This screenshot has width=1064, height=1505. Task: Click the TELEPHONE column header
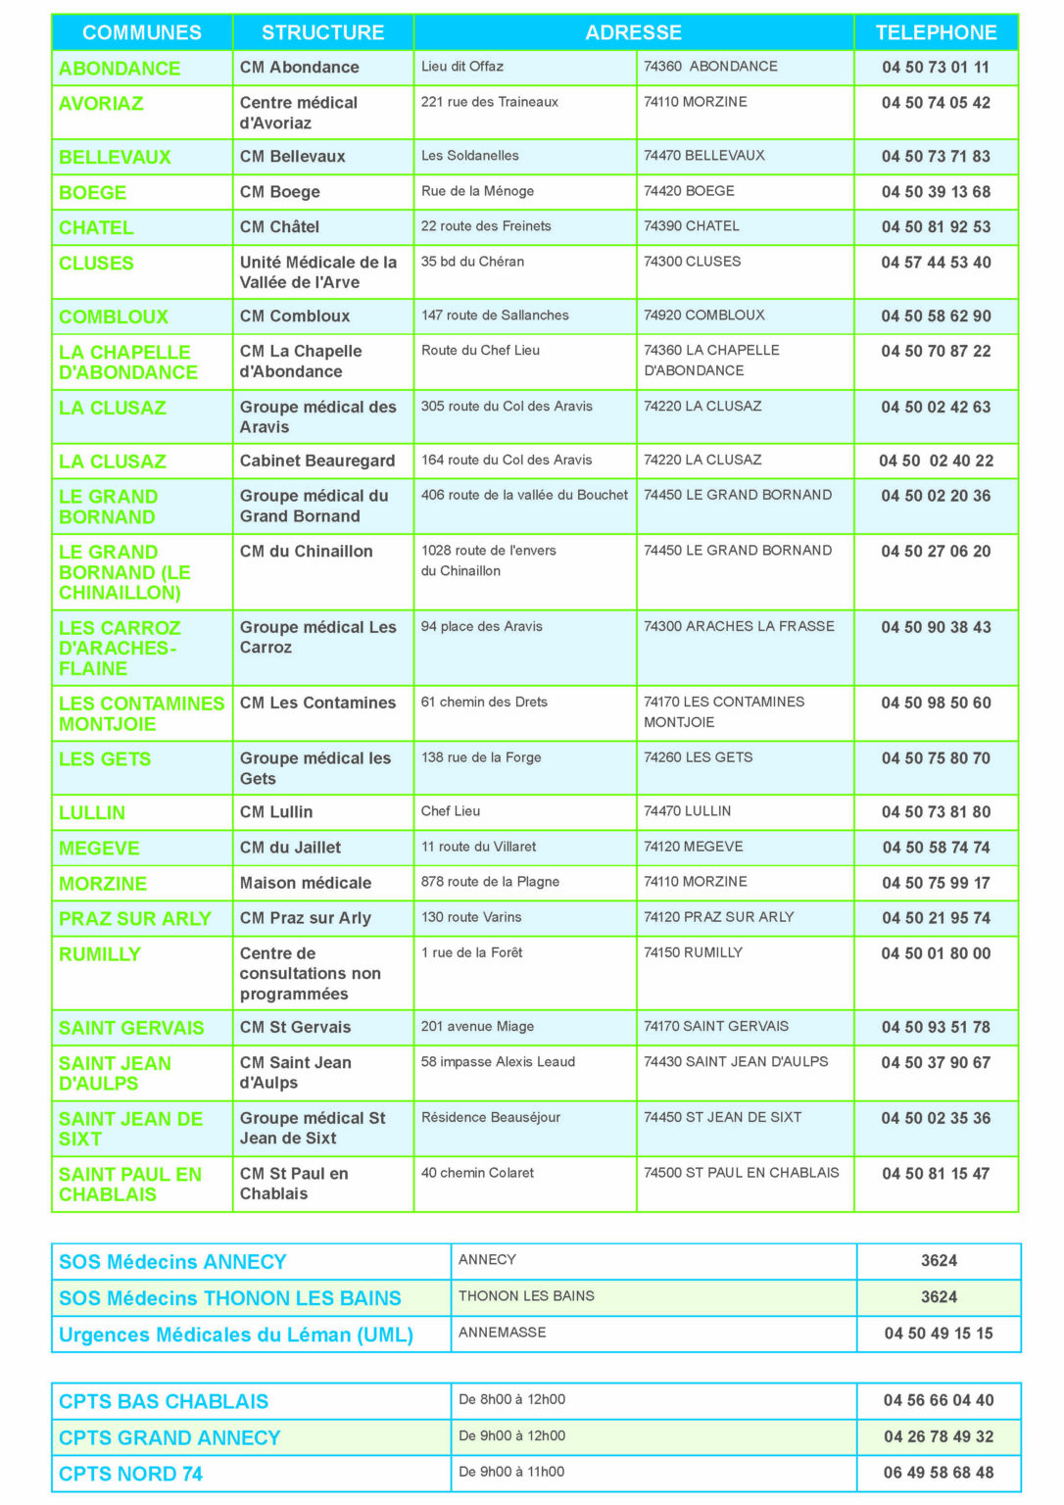(x=936, y=32)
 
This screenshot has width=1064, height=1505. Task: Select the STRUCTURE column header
(x=322, y=32)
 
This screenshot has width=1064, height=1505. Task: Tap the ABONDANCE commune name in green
(x=120, y=69)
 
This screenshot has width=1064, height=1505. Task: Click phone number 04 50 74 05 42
(x=936, y=103)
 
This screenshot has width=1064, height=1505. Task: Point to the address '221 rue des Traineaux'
(x=490, y=102)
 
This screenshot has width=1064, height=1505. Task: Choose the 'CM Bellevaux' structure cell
(x=293, y=157)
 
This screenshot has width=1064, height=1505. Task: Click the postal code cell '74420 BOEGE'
(x=689, y=191)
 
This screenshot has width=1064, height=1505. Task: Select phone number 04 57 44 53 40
(x=936, y=263)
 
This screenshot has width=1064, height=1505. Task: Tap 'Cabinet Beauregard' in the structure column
(x=317, y=461)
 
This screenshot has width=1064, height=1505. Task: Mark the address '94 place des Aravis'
(x=481, y=627)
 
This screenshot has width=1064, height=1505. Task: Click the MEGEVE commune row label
(x=99, y=849)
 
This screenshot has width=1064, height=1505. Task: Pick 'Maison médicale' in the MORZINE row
(x=306, y=883)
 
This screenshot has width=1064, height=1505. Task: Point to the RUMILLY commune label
(x=100, y=954)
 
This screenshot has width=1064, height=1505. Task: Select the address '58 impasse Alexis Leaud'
(x=498, y=1062)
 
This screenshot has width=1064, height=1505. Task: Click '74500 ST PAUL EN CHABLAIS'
(x=741, y=1173)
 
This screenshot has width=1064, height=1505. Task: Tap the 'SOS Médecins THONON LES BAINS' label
(x=230, y=1298)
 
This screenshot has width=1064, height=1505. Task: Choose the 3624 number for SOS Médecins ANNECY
(x=939, y=1261)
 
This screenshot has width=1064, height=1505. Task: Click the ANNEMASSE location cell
(x=503, y=1333)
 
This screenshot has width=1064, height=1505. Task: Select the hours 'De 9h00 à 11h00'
(x=511, y=1472)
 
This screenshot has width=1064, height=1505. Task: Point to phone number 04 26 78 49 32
(x=939, y=1436)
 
